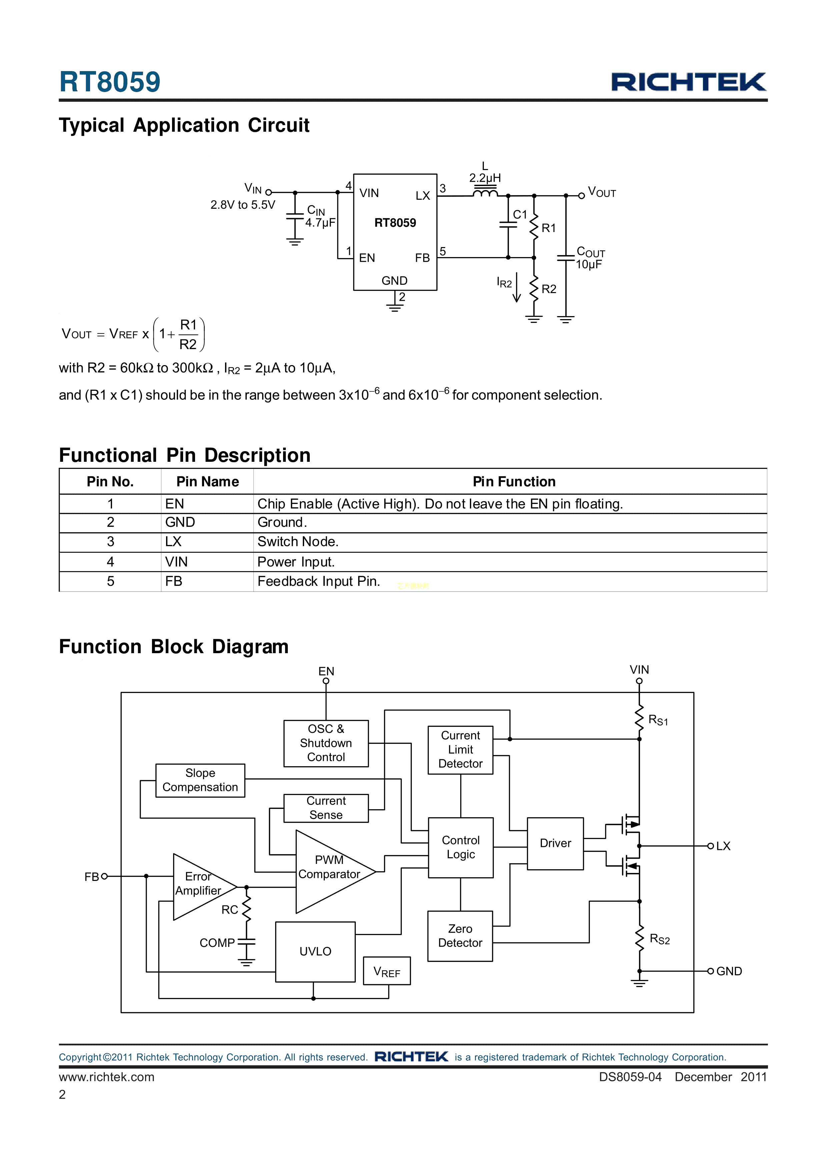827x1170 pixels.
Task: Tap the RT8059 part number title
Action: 110,82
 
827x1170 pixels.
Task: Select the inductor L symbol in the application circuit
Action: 485,193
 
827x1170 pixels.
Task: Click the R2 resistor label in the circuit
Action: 549,289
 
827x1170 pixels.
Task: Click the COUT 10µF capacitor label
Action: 590,258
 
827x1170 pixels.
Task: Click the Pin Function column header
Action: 514,481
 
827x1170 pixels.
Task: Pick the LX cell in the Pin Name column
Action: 174,542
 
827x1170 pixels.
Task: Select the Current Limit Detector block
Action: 460,750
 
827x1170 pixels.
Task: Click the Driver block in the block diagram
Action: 555,843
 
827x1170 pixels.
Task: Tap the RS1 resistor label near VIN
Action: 658,720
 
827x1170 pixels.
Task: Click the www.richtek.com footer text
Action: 106,1077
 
